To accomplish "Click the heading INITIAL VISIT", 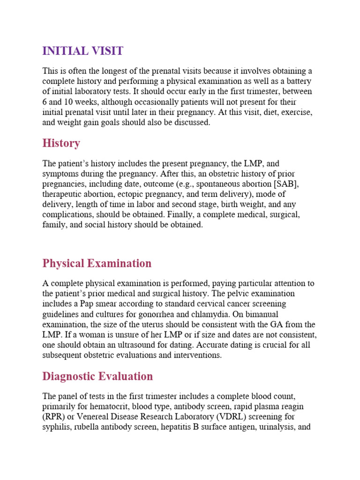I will (x=82, y=51).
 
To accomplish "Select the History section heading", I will (x=61, y=143).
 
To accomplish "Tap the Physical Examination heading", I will (x=97, y=263).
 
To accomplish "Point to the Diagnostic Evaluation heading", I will (x=97, y=376).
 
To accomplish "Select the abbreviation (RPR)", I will (x=53, y=416).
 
